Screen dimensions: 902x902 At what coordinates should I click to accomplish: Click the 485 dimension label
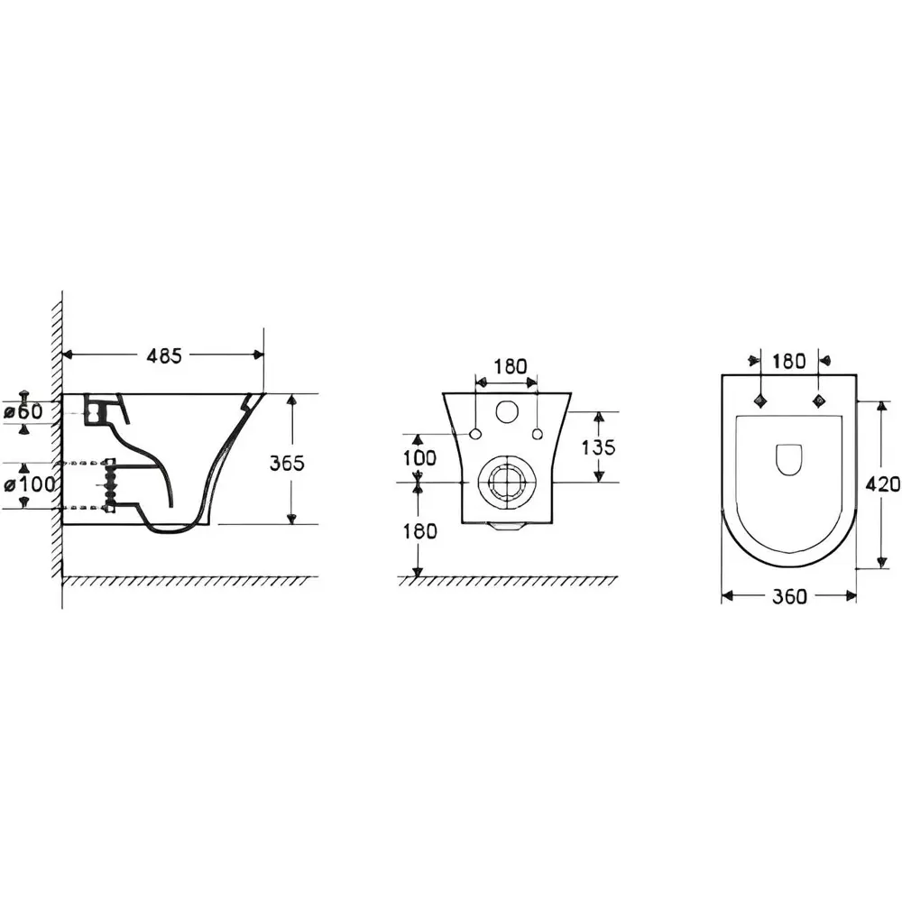pos(164,356)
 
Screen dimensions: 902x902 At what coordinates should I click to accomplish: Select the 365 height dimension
pos(287,463)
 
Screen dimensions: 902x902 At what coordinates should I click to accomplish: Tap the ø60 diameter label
pos(23,412)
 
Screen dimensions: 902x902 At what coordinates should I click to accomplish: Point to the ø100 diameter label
pos(29,484)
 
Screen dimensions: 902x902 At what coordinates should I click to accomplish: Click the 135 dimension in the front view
pos(598,447)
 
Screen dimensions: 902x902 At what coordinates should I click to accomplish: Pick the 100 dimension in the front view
pos(419,458)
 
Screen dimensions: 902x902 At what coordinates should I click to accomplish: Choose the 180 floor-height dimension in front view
pos(420,531)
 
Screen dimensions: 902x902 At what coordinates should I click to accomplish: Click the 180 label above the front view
pos(511,366)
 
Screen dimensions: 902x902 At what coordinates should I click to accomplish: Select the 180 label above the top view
pos(788,362)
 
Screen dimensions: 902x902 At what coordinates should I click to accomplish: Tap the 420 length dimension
pos(883,484)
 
